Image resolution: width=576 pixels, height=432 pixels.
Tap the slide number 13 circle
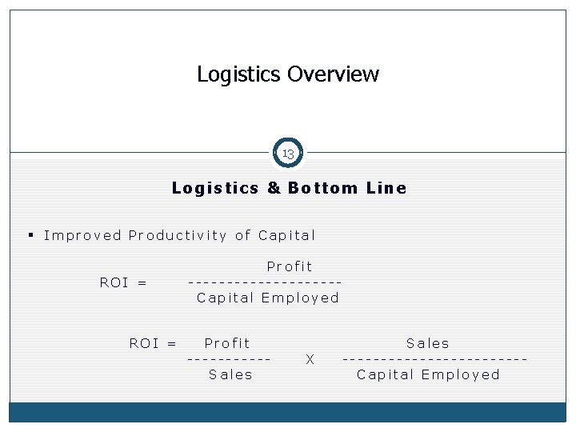[x=288, y=153]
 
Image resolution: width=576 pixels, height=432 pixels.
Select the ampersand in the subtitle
[x=273, y=189]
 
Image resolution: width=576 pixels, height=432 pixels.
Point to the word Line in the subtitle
[x=386, y=189]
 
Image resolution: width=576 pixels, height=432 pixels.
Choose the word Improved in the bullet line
[x=82, y=235]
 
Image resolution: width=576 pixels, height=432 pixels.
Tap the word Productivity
[x=178, y=235]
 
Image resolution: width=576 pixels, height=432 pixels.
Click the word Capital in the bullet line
[x=287, y=235]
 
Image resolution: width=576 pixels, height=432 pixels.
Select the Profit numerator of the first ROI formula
[x=290, y=266]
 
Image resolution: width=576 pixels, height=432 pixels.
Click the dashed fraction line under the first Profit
[x=265, y=282]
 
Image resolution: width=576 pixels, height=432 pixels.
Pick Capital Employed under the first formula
[x=268, y=298]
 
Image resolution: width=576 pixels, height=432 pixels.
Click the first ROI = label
[x=123, y=282]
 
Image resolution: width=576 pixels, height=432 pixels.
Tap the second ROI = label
[x=153, y=343]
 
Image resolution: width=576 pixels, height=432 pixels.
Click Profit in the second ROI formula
[x=227, y=343]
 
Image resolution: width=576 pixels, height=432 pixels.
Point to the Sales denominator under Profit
[x=230, y=374]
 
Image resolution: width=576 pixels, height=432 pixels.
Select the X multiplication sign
[x=310, y=360]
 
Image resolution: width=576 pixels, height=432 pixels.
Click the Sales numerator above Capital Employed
[x=428, y=343]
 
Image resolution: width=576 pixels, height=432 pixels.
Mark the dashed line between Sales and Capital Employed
[x=434, y=358]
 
